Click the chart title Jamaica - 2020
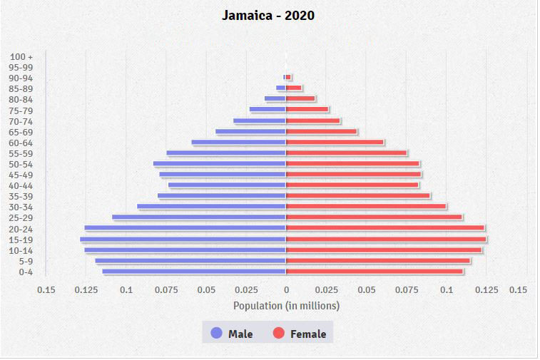[268, 15]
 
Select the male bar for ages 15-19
[183, 239]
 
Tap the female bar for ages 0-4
[375, 271]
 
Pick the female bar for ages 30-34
[366, 207]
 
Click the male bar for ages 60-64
[238, 143]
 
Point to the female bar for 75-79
[307, 110]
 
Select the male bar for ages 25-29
[199, 217]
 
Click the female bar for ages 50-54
[352, 164]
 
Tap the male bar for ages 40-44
[227, 185]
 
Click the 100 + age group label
[22, 56]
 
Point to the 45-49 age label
[22, 175]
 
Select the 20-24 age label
[22, 229]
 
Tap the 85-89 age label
[22, 89]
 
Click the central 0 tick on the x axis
[286, 290]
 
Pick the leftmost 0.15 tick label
[46, 290]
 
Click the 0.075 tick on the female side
[406, 290]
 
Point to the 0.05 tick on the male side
[206, 290]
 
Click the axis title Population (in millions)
[286, 306]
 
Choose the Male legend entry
[232, 334]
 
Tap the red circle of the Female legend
[279, 333]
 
